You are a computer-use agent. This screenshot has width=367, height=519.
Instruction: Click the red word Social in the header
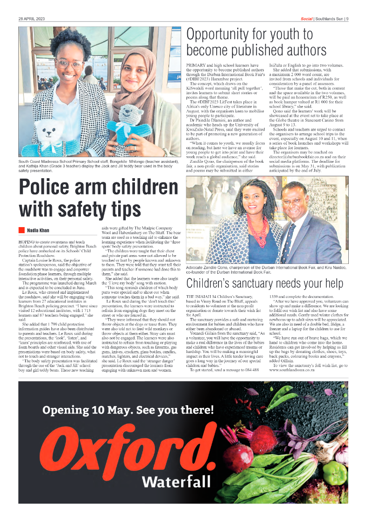pyautogui.click(x=306, y=19)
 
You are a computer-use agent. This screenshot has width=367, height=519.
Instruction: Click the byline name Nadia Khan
pyautogui.click(x=38, y=230)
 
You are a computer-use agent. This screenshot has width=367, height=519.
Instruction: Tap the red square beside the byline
pyautogui.click(x=21, y=230)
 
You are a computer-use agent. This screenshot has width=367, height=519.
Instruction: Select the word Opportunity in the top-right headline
pyautogui.click(x=227, y=34)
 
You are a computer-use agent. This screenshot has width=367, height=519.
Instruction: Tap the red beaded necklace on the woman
pyautogui.click(x=257, y=221)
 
